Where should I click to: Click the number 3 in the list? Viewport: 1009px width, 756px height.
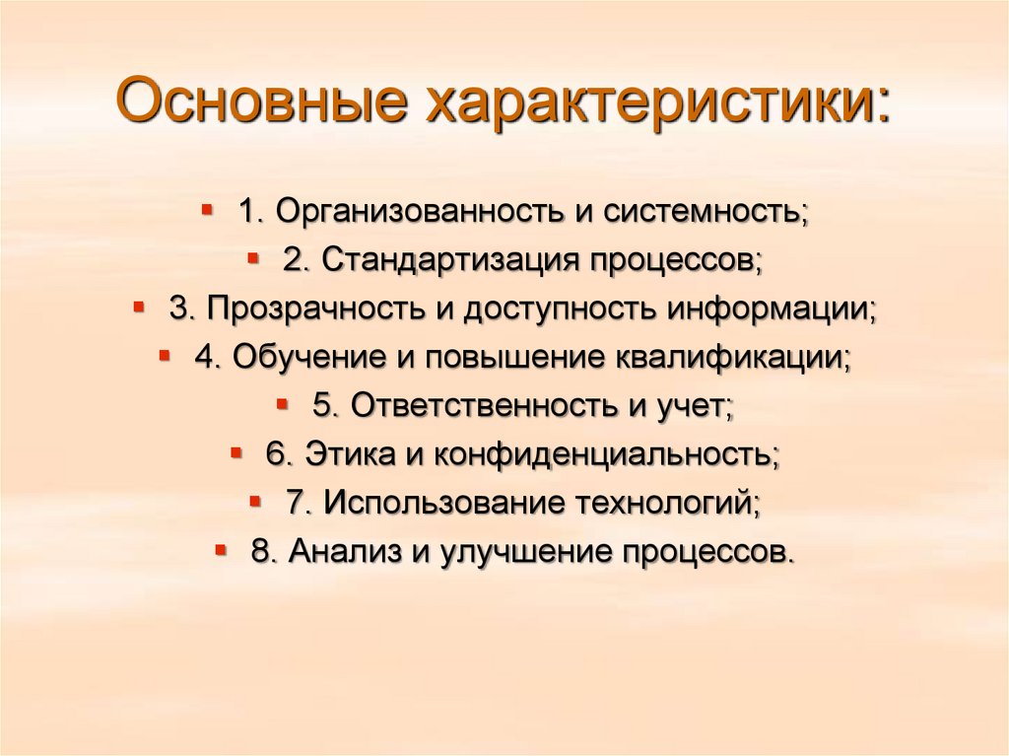tap(179, 309)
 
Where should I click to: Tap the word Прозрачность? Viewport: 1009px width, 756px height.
tap(314, 309)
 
